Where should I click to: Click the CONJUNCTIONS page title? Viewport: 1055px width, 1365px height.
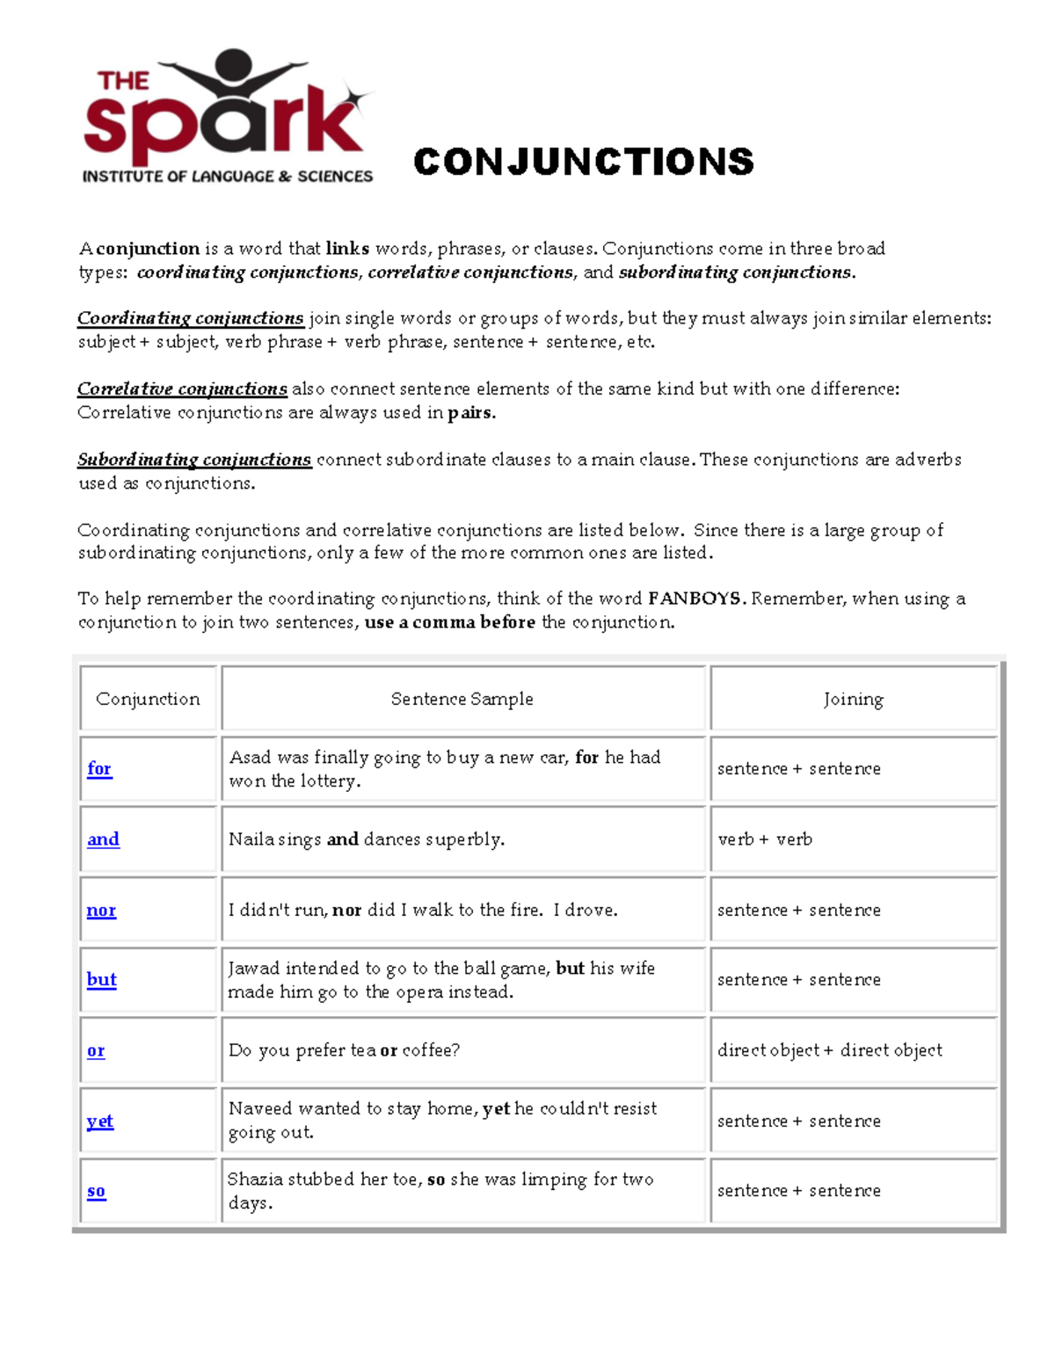point(583,162)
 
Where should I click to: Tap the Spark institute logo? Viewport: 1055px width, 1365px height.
point(228,117)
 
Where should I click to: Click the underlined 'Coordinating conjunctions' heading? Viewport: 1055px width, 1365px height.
point(190,318)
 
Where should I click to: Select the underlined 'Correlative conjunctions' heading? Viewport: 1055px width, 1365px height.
point(182,388)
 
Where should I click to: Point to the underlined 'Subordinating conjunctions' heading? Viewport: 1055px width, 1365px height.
point(194,460)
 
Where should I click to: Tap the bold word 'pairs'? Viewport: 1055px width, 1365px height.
point(470,412)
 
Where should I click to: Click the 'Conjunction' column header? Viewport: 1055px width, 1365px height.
point(148,699)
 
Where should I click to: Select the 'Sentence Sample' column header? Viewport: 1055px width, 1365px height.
point(462,699)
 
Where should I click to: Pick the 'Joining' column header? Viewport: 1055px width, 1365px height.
point(853,699)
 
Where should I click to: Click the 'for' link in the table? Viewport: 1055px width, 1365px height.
point(99,768)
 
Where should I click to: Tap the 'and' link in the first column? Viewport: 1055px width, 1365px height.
point(103,839)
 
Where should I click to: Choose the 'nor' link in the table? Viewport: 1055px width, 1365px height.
point(101,910)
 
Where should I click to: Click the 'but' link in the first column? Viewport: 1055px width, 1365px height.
point(101,979)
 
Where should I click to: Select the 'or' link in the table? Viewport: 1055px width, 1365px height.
point(96,1050)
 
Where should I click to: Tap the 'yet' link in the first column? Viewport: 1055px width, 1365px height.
point(99,1121)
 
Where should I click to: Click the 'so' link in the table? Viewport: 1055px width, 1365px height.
point(97,1191)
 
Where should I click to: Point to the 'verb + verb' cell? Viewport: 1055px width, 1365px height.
point(765,839)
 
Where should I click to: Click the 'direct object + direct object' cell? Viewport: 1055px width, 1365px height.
point(829,1050)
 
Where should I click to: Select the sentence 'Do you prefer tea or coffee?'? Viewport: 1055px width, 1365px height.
point(344,1050)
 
